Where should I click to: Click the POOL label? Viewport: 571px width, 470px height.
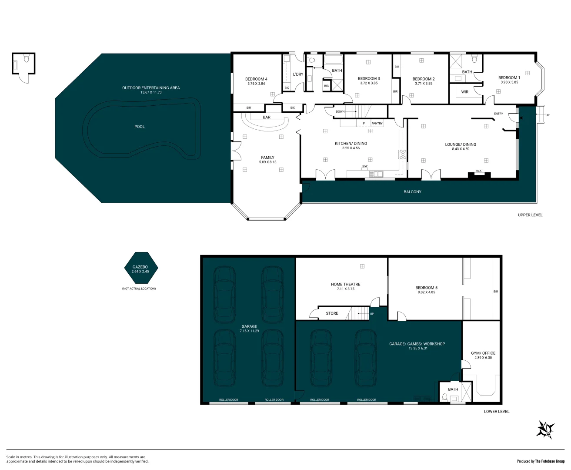[140, 127]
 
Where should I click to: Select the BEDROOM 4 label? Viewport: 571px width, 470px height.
[256, 79]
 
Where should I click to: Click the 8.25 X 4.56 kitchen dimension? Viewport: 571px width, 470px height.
[351, 148]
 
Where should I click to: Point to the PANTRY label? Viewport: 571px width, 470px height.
[377, 124]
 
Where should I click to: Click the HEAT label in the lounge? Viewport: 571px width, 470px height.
[479, 171]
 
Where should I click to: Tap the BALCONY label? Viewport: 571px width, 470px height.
[412, 192]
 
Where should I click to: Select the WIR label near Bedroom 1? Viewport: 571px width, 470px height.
[465, 92]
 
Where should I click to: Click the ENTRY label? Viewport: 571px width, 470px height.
[498, 114]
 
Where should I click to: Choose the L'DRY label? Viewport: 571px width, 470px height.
[298, 74]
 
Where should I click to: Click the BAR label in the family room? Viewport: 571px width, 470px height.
[267, 117]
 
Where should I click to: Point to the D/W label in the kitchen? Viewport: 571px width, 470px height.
[364, 166]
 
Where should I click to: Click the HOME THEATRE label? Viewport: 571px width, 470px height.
[346, 284]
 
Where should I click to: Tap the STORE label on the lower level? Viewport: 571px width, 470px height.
[332, 313]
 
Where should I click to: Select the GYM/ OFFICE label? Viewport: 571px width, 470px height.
[483, 353]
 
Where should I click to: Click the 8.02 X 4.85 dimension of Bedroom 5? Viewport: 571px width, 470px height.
[426, 292]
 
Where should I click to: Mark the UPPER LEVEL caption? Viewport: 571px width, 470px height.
[530, 215]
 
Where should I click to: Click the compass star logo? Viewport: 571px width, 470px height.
[545, 430]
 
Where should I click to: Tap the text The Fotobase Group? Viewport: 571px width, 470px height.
[550, 461]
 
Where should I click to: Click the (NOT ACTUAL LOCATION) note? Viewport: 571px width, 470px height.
[139, 289]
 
